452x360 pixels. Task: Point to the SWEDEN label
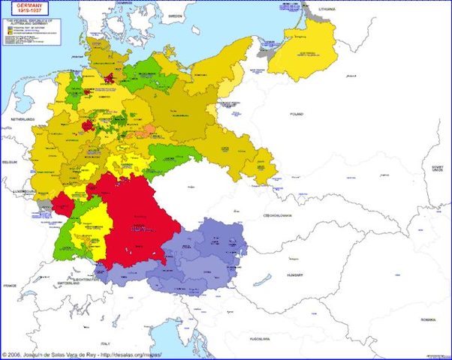coord(176,15)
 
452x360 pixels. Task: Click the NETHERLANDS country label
coord(23,120)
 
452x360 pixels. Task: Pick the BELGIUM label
coord(10,161)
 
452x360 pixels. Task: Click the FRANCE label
coord(10,286)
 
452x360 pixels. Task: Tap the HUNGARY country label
coord(294,275)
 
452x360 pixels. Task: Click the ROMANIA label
coord(428,319)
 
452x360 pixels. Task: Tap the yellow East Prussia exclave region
coord(300,49)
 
